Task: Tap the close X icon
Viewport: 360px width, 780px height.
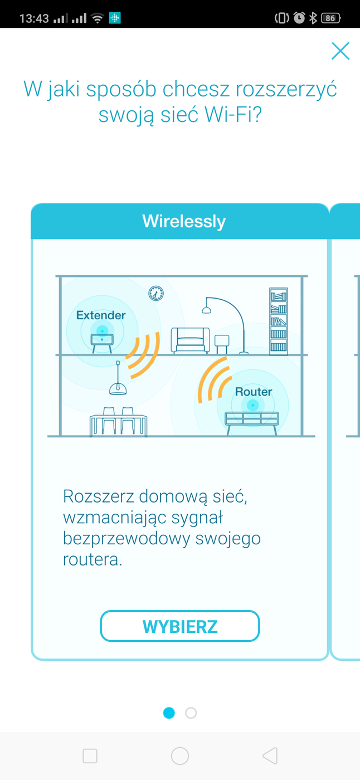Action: point(340,51)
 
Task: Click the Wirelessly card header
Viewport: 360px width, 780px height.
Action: point(183,221)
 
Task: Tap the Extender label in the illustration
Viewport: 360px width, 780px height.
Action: point(101,315)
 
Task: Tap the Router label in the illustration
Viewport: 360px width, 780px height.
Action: point(254,392)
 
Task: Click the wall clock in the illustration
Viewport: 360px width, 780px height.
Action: point(156,293)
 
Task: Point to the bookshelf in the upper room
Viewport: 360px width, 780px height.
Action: point(279,321)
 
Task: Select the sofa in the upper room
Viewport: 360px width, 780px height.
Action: point(191,340)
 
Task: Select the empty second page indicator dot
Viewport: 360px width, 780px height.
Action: point(191,713)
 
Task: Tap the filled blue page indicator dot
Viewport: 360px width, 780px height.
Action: point(169,713)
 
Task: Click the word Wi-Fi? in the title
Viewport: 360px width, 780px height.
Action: point(233,115)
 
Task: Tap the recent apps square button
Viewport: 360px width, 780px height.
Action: point(90,755)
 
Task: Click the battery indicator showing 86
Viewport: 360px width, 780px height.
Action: point(330,18)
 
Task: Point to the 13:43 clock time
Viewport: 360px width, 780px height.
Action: point(34,18)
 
